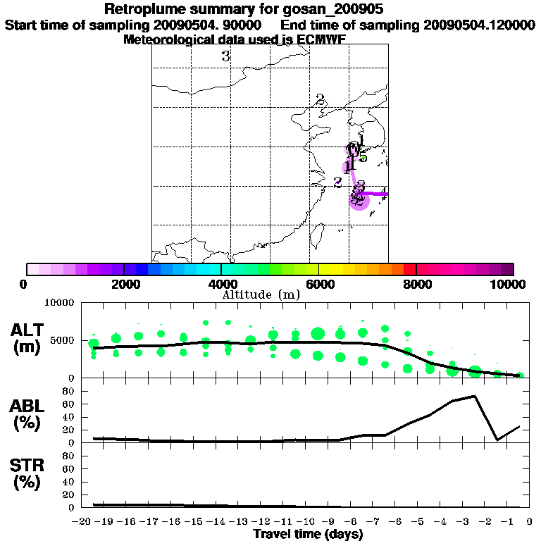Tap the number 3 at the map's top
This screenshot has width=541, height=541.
coord(225,56)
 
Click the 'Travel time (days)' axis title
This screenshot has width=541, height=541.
coord(308,534)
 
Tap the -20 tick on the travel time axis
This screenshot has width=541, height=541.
coord(82,522)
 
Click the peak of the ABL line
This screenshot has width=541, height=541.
coord(475,396)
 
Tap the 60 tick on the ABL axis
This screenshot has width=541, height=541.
coord(70,404)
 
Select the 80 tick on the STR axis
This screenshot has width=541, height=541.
coord(70,456)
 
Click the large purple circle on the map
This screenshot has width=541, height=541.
coord(359,200)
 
